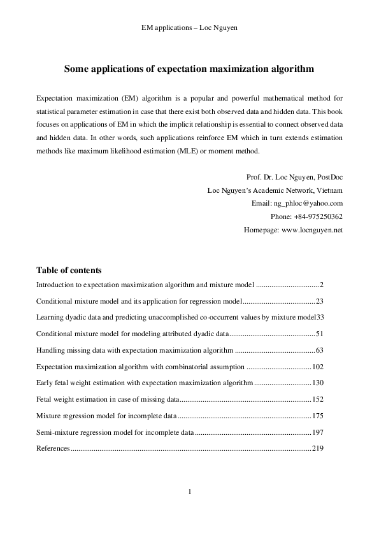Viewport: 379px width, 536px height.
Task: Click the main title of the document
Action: click(189, 69)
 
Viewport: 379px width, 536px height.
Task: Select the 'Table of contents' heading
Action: click(69, 270)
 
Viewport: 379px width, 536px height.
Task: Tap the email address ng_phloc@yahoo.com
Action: click(308, 203)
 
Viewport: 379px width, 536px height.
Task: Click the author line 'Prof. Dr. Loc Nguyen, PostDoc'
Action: click(294, 176)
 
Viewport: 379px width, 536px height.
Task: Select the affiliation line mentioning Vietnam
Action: click(275, 190)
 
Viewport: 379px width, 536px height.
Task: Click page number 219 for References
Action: click(318, 449)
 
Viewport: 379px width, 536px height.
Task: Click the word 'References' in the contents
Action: click(53, 449)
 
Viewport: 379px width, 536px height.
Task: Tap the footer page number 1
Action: click(189, 491)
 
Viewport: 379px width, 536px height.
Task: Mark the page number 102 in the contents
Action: click(318, 366)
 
